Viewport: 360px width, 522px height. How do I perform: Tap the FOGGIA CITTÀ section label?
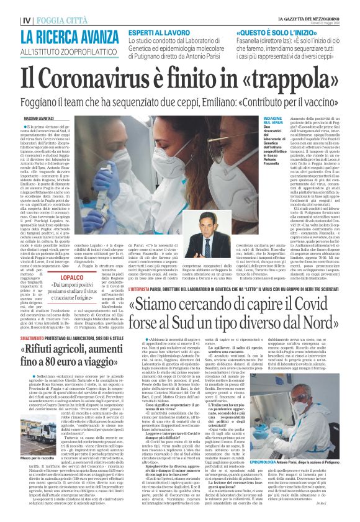point(61,19)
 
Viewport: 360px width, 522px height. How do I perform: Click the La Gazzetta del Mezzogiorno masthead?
point(308,19)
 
